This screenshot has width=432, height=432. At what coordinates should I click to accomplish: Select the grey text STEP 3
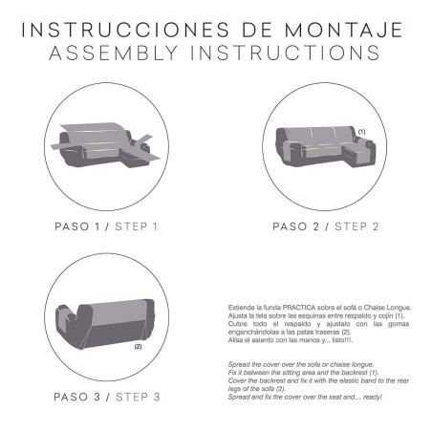coord(138,396)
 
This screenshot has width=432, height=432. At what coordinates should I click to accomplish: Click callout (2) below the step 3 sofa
coord(138,346)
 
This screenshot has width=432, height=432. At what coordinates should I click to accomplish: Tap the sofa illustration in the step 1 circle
coord(106,143)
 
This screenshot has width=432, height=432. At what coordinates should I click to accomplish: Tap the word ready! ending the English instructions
coord(369,396)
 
